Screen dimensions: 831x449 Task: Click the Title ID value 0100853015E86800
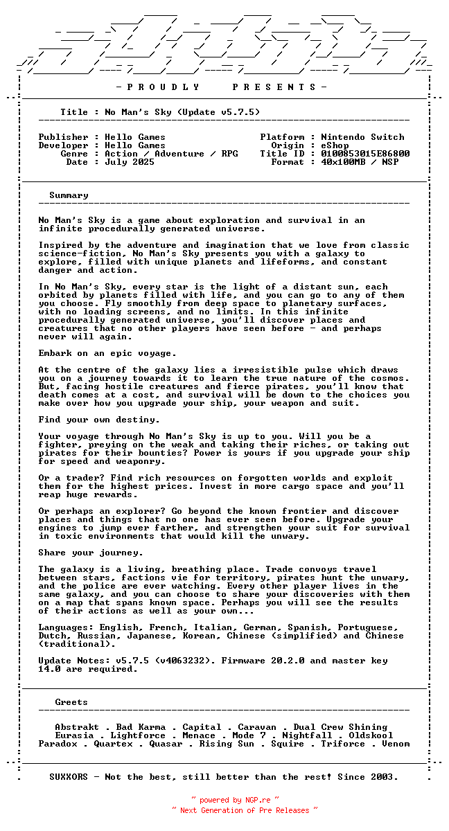(x=365, y=154)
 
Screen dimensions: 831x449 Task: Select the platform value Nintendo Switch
(x=362, y=137)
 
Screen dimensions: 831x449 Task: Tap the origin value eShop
(x=335, y=145)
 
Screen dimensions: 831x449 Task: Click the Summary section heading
(x=69, y=195)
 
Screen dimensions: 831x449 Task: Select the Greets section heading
(x=71, y=702)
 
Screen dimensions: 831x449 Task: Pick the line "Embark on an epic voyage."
(x=107, y=353)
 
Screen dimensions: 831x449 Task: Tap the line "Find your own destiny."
(x=99, y=420)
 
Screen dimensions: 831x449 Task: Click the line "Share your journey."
(x=91, y=553)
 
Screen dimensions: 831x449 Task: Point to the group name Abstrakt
(x=77, y=727)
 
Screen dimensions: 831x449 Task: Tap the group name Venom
(x=396, y=744)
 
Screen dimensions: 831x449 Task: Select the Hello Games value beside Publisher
(x=135, y=137)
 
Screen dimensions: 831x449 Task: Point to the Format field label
(x=288, y=162)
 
